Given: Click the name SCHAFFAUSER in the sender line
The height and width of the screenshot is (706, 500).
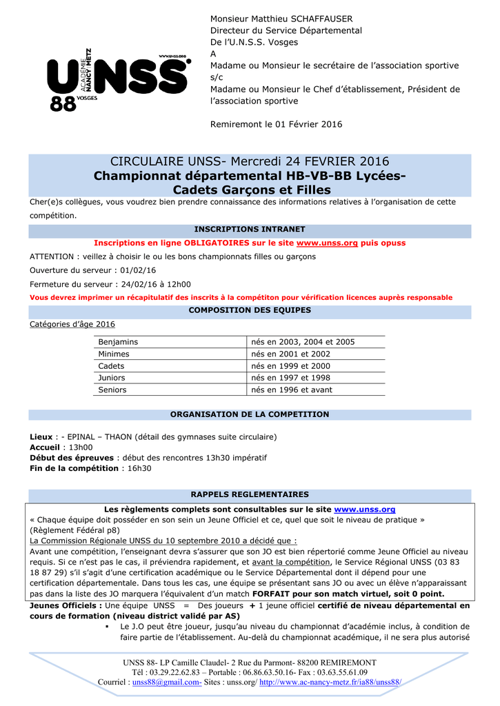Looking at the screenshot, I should [310, 19].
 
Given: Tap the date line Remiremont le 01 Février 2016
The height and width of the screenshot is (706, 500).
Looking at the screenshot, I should [276, 124].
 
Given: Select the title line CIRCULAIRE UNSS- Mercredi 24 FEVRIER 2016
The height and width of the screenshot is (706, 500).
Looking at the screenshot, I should [250, 161].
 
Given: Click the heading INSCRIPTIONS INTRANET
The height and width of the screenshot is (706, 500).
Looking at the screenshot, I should [250, 229].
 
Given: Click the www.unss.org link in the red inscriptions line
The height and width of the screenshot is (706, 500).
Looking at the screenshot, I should [327, 243].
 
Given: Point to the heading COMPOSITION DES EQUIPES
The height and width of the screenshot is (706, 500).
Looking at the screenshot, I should [250, 310].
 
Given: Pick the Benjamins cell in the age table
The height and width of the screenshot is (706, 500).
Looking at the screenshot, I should [118, 342].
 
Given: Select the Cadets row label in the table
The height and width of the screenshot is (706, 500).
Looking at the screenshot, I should [112, 366].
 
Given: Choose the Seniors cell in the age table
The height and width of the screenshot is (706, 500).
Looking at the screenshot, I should [112, 390].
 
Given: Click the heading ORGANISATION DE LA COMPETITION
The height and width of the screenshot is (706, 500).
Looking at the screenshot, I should [250, 414].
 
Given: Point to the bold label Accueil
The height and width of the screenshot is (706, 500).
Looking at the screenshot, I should [45, 447].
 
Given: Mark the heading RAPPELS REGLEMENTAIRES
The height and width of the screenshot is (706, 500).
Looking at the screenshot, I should [250, 494].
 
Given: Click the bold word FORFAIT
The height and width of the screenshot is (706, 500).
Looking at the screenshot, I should [278, 594].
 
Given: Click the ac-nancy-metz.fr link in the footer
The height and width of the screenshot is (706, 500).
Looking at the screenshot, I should [330, 682].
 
